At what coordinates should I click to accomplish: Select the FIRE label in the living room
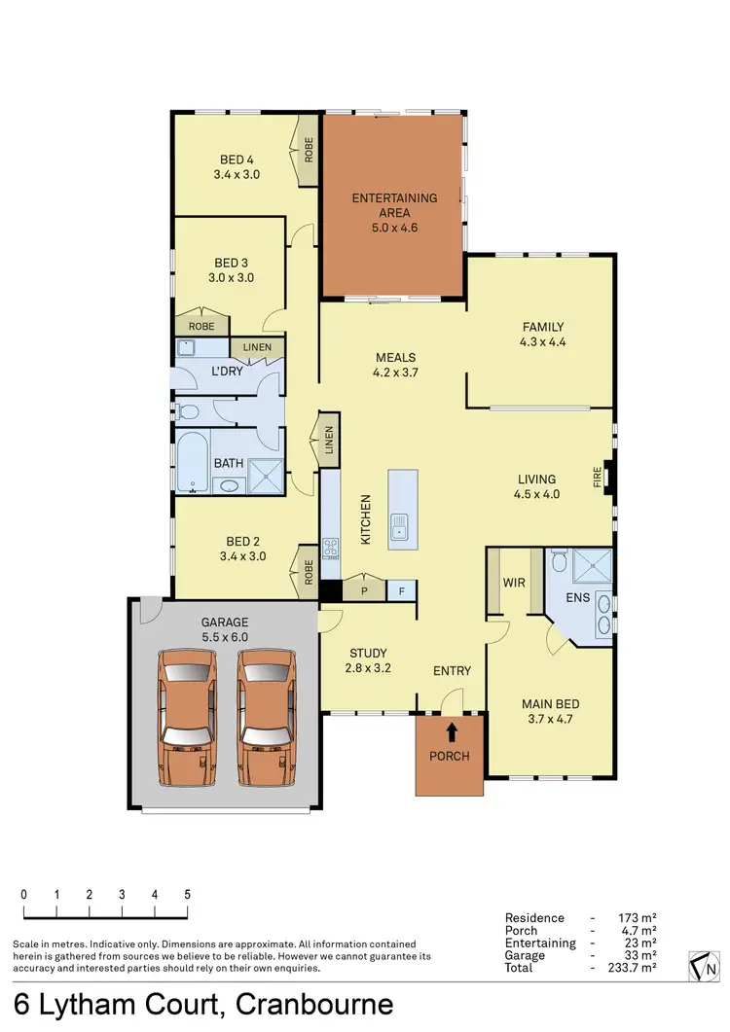598,479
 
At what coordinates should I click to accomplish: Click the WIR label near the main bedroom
514,584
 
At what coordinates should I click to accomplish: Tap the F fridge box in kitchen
400,590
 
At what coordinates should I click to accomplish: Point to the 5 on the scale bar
187,895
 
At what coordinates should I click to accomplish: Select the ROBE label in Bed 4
309,151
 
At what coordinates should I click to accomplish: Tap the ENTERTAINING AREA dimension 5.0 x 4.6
394,229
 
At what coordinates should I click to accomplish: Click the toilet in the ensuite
558,562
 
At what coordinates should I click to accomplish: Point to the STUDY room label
368,653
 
